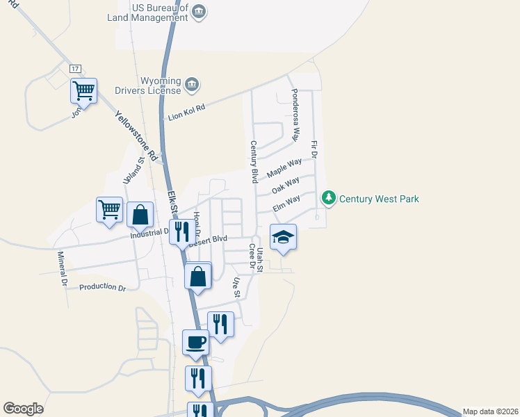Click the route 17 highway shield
click(x=76, y=68)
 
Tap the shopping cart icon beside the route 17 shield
click(x=83, y=90)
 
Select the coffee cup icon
click(x=195, y=342)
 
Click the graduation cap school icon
click(x=283, y=237)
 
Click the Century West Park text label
click(x=379, y=199)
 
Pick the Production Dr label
click(x=102, y=287)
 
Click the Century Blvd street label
click(x=254, y=163)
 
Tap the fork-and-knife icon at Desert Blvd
click(x=182, y=233)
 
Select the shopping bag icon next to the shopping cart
click(x=140, y=215)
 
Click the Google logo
click(x=23, y=409)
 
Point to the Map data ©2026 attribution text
click(x=491, y=411)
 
